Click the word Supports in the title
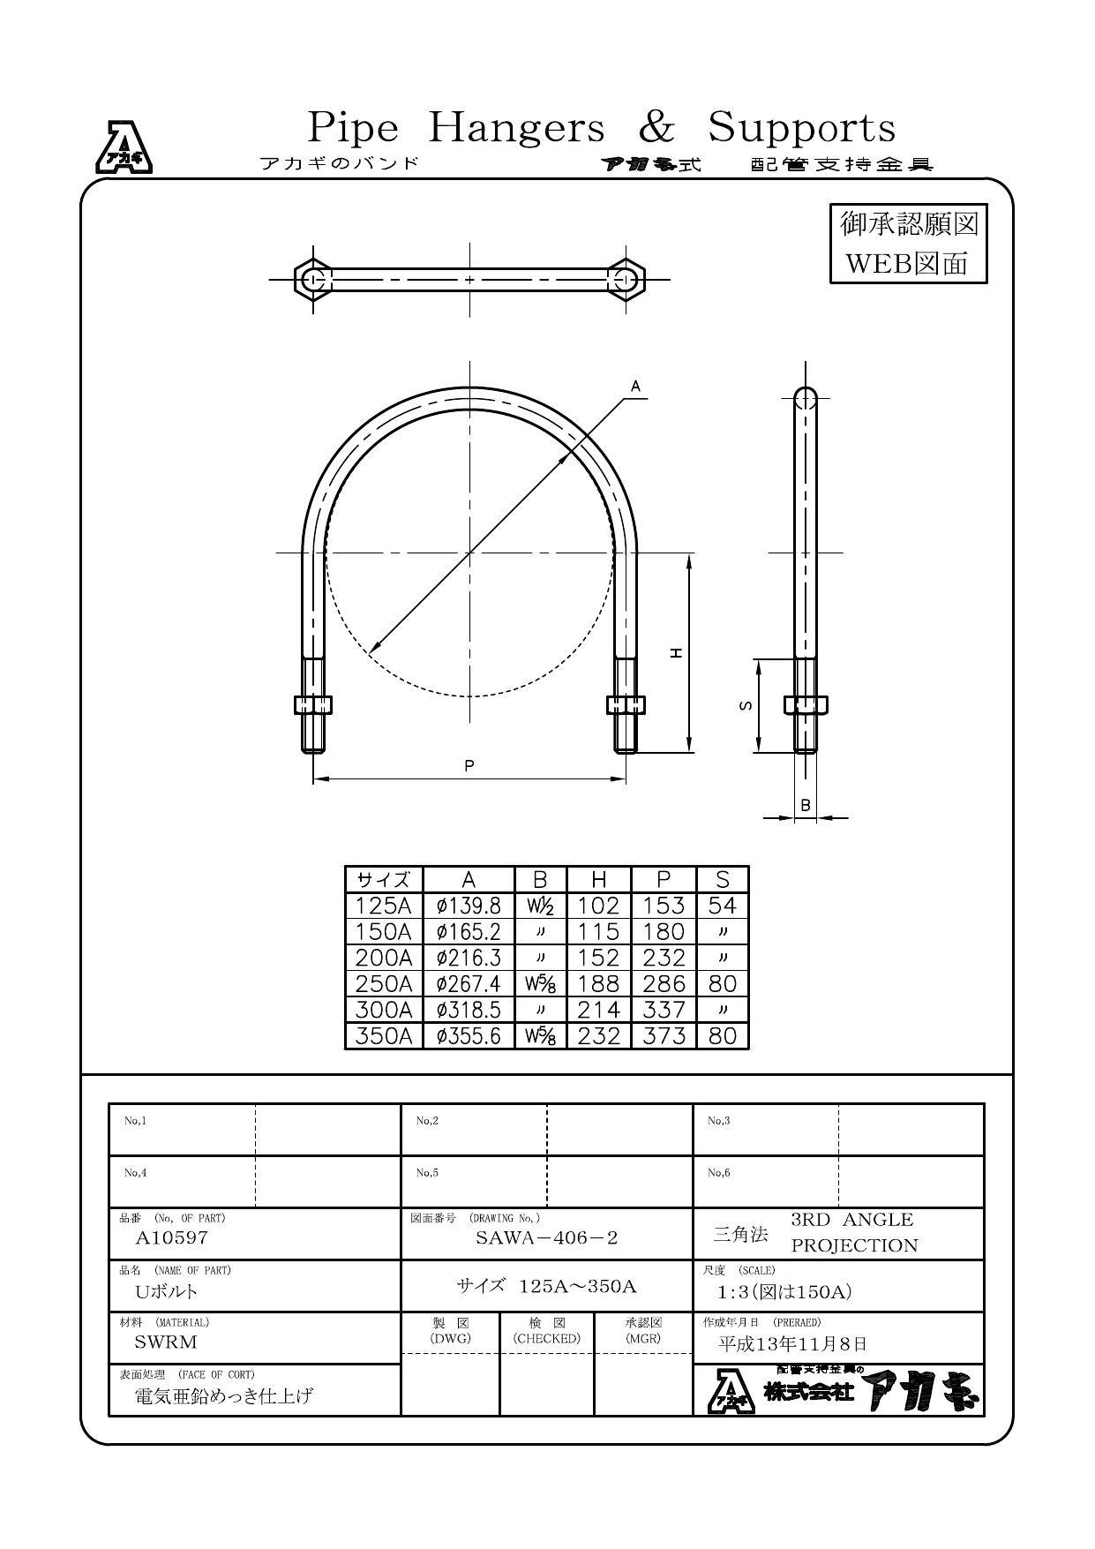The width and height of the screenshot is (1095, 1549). tap(801, 128)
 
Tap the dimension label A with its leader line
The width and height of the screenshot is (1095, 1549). tap(635, 387)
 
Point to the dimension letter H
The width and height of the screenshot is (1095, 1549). tap(676, 652)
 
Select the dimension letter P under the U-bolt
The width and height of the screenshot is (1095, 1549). tap(469, 766)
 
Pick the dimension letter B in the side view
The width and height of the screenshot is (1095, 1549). tap(805, 805)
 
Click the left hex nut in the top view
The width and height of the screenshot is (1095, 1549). tap(312, 280)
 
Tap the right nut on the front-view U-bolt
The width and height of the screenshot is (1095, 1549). tap(626, 704)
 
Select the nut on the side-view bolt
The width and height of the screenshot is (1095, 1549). tap(805, 704)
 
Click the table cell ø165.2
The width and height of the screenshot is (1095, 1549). tap(469, 932)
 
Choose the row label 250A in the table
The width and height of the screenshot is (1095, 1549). tap(384, 984)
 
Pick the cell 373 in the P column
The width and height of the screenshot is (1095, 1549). tap(664, 1036)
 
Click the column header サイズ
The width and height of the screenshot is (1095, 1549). tap(384, 880)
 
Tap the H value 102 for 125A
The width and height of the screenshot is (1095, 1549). tap(598, 906)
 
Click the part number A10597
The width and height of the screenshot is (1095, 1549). tap(172, 1237)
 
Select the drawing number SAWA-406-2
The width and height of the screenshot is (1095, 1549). tap(547, 1237)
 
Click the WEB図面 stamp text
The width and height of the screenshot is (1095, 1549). tap(907, 263)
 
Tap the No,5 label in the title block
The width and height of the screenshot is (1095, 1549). tap(427, 1173)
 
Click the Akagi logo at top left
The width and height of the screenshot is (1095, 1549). tap(124, 147)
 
